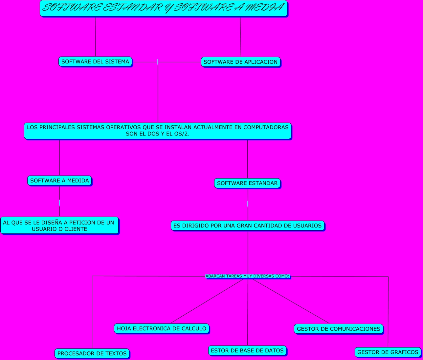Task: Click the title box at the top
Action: (163, 8)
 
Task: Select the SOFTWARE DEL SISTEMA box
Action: (95, 61)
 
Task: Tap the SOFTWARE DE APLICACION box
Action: (240, 62)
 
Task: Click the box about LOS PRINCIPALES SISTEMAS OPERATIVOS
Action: (158, 131)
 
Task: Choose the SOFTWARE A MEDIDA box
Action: (59, 180)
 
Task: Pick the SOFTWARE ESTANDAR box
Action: (247, 183)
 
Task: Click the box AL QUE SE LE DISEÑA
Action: (59, 226)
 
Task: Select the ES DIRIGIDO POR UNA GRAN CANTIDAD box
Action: (247, 226)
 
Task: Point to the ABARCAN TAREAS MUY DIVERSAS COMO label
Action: (247, 276)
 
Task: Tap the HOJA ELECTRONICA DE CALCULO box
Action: (161, 328)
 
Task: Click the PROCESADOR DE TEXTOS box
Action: (92, 353)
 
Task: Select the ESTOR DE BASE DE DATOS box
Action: (247, 350)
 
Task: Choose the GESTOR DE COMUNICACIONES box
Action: (338, 329)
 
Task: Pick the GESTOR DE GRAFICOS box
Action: (388, 352)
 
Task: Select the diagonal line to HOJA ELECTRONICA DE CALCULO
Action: (207, 301)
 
